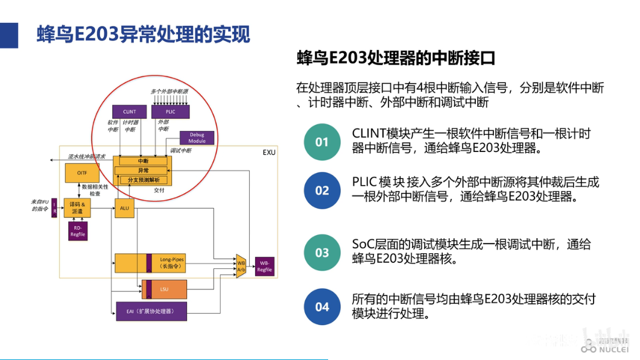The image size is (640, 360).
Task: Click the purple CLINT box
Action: (130, 112)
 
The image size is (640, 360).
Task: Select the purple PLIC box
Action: (170, 112)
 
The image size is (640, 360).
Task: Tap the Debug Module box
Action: (197, 137)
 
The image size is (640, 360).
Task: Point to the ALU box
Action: (124, 208)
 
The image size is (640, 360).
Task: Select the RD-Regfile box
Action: (77, 231)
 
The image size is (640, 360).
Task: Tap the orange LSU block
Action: (164, 289)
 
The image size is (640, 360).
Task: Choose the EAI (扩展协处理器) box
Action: (151, 311)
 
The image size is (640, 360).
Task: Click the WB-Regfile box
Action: (265, 266)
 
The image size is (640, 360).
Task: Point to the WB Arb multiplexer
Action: (241, 265)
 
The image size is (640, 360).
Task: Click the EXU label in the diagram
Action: (268, 153)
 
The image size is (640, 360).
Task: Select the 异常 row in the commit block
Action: (143, 171)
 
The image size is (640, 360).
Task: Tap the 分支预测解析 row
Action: (143, 180)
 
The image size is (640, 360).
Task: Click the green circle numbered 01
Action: (322, 142)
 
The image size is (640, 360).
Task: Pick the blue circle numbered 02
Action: (322, 191)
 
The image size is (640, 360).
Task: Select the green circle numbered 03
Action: (322, 252)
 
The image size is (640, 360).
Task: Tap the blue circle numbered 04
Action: (322, 307)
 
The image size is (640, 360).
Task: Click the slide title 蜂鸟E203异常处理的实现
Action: (144, 34)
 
